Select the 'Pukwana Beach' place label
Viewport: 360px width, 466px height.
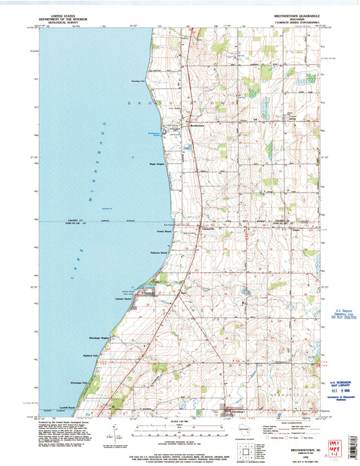[159, 253]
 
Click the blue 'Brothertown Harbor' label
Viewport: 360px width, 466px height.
[156, 134]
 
